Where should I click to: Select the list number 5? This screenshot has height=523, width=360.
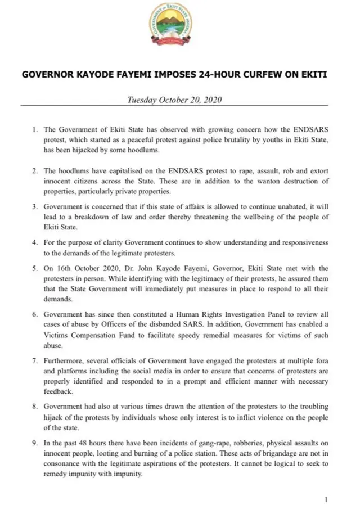point(35,269)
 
